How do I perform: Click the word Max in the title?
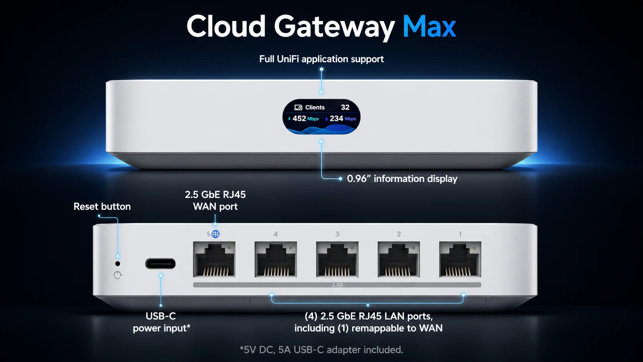(429, 27)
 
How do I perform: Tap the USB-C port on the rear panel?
(160, 264)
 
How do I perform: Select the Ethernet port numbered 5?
(214, 259)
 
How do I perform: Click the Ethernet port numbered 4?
(275, 259)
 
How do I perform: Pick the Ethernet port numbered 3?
(337, 259)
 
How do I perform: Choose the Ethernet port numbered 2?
(398, 259)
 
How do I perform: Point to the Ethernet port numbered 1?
(460, 259)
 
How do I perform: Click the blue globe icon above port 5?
(216, 234)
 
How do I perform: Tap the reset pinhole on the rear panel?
(118, 264)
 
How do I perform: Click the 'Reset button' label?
(102, 207)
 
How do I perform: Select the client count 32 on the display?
(345, 107)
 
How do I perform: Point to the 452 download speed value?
(299, 118)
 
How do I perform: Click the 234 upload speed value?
(336, 118)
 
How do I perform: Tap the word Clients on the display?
(315, 107)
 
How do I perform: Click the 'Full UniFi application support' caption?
(321, 59)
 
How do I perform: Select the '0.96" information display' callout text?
(402, 179)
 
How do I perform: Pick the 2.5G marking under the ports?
(337, 285)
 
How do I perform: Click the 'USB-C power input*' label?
(161, 322)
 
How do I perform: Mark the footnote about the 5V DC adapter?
(321, 350)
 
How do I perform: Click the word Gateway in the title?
(334, 27)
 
